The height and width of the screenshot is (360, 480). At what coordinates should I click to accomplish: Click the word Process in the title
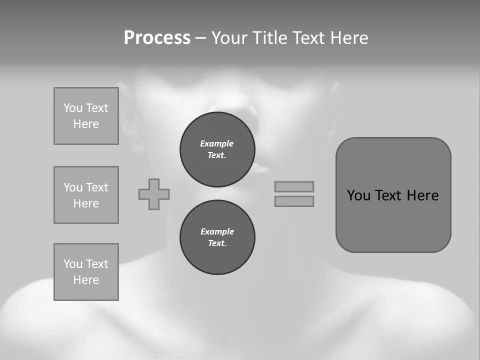point(157,38)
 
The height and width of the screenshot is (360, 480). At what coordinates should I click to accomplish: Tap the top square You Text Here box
point(86,116)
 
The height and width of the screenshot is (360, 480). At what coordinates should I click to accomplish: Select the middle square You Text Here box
point(86,195)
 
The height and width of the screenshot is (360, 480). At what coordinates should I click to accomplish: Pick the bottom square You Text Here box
point(86,272)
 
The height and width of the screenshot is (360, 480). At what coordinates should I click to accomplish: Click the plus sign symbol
point(154,194)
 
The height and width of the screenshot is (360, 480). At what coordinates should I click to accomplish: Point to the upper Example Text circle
point(217,149)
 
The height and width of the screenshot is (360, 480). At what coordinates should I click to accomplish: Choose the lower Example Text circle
point(217,237)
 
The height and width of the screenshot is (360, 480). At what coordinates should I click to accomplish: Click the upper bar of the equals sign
point(294,186)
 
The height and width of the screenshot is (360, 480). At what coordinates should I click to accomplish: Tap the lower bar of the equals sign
point(294,201)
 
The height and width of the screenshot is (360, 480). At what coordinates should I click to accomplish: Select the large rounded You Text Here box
point(393,195)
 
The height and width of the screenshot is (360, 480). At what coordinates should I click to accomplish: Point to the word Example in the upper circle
point(217,143)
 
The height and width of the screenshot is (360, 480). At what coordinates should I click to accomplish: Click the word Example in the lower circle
point(217,231)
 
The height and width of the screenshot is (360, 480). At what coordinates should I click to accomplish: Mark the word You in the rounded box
point(358,195)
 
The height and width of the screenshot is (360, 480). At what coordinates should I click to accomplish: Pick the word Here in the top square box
point(86,124)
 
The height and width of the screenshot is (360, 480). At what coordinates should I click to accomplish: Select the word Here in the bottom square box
point(86,280)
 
